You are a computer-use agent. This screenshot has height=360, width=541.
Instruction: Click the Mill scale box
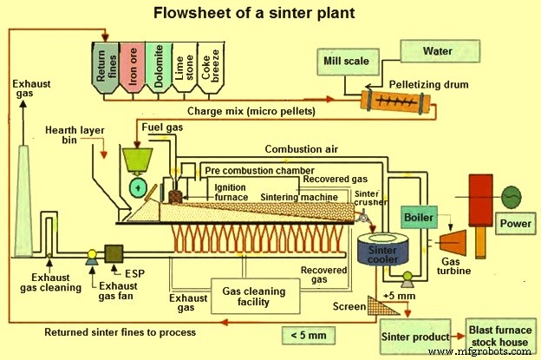pyautogui.click(x=346, y=63)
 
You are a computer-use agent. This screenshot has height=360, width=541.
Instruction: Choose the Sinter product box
pyautogui.click(x=415, y=336)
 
